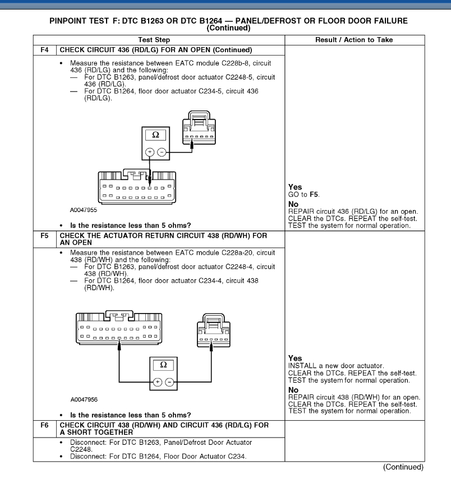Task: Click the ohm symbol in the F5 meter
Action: [x=163, y=365]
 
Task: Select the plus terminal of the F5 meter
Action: [x=158, y=381]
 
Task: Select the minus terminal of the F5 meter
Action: [x=169, y=381]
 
